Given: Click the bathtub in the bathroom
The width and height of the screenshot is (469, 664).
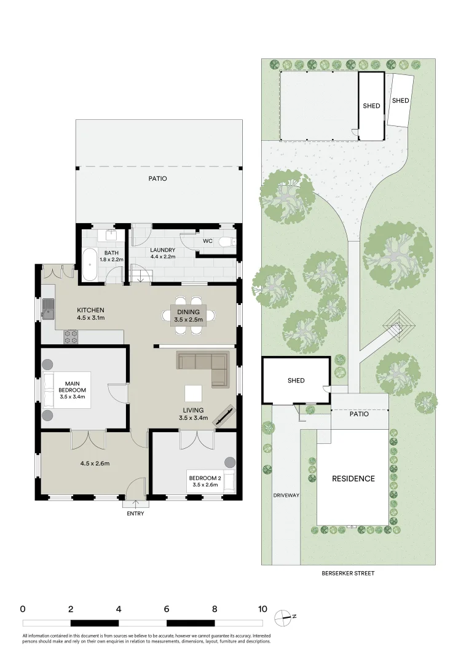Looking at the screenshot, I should pos(90,264).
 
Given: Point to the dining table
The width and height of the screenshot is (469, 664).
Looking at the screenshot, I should pos(189,315).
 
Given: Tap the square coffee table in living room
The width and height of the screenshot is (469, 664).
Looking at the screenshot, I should pos(193,393).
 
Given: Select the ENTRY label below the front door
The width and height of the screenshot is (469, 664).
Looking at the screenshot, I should pos(135,513).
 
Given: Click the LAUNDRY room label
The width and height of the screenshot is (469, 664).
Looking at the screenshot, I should pos(163,250).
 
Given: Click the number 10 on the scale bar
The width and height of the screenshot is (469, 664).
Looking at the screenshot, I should pos(262,609).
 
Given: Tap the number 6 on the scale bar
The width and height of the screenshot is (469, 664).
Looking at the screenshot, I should pos(167,609).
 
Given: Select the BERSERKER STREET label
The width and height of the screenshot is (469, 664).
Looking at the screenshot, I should pos(348,573).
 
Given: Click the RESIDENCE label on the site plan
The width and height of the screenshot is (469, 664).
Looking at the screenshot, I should pos(353,478).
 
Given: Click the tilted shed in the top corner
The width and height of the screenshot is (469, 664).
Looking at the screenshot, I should pos(400,100).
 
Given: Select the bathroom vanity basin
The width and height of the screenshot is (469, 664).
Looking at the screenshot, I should pos(112,235).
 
